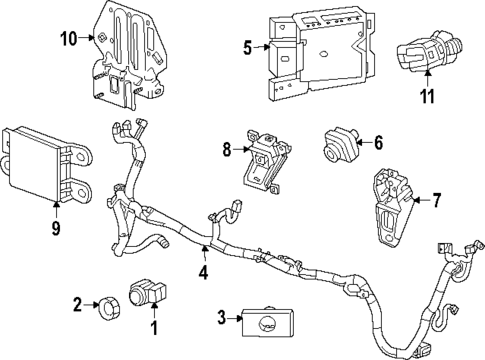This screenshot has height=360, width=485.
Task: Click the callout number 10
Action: pyautogui.click(x=68, y=40)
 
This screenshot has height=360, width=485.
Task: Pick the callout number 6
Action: pyautogui.click(x=378, y=143)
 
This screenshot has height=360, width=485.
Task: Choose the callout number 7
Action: pyautogui.click(x=435, y=201)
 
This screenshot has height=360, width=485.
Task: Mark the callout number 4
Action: pyautogui.click(x=204, y=269)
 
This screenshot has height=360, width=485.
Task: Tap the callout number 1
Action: pyautogui.click(x=154, y=327)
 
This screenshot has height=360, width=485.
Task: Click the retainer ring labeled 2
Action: pyautogui.click(x=103, y=303)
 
